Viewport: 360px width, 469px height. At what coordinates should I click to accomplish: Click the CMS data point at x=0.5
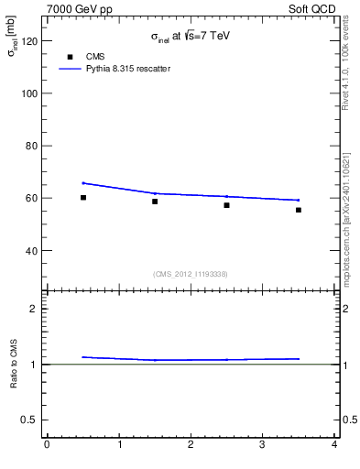point(83,197)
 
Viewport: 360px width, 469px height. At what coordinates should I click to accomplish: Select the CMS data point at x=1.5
point(155,202)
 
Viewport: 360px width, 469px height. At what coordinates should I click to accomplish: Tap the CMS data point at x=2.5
point(226,205)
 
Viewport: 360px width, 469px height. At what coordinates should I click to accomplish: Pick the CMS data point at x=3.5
point(299,210)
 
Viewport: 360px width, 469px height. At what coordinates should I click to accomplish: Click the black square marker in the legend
point(70,57)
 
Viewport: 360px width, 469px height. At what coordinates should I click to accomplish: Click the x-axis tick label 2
point(191,446)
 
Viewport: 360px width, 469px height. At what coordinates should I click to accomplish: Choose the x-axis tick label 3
point(262,446)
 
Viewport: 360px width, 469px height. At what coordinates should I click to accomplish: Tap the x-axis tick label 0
point(47,446)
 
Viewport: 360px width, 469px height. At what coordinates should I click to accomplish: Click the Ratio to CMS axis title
point(15,364)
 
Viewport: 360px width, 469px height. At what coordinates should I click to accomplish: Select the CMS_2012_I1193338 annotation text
point(191,274)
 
